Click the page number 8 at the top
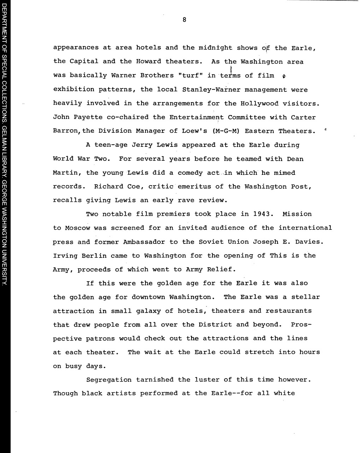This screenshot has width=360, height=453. [x=184, y=20]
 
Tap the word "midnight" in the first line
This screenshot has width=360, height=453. [x=215, y=47]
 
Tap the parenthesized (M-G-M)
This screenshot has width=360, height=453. [x=227, y=131]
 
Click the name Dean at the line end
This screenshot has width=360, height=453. [x=295, y=159]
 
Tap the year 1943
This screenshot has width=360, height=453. [x=263, y=214]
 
